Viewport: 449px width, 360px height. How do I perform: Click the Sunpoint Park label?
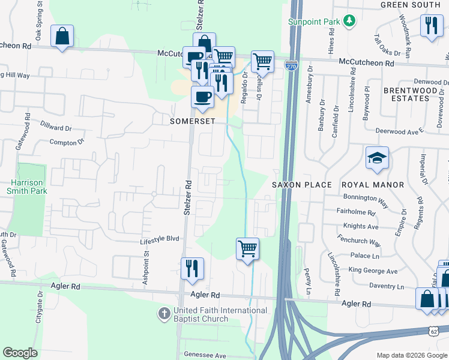[x=313, y=22]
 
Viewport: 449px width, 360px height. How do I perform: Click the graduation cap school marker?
[x=376, y=158]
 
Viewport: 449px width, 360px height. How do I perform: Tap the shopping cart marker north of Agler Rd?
[x=247, y=248]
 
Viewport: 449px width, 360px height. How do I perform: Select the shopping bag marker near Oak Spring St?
[x=62, y=37]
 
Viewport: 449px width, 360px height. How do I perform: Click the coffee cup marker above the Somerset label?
[x=202, y=97]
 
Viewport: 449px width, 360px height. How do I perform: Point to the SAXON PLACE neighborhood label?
[x=302, y=185]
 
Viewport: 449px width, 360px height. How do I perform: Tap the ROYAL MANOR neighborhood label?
[x=372, y=185]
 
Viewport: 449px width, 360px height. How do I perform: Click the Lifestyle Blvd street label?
[x=160, y=238]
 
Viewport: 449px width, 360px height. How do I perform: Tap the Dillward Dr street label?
[x=56, y=128]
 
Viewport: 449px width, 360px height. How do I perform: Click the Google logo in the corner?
[x=20, y=353]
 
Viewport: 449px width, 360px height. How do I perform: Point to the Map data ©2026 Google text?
[x=411, y=355]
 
